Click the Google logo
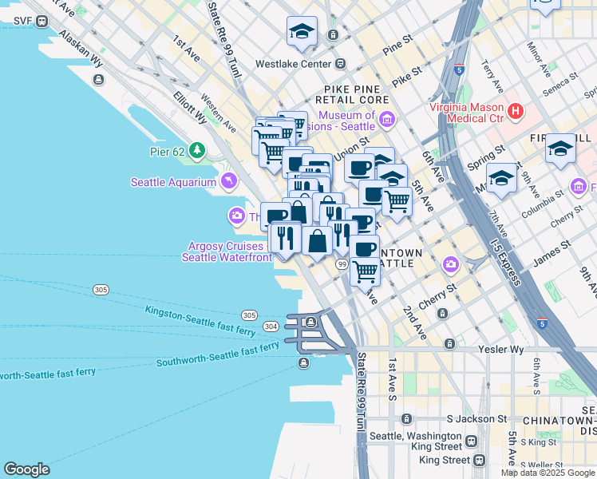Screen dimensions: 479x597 [x=26, y=469]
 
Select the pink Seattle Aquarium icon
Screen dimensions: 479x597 [x=230, y=182]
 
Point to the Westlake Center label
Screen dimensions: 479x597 [x=293, y=64]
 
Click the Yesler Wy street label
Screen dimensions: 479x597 [x=501, y=349]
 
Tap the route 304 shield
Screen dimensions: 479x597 [x=271, y=326]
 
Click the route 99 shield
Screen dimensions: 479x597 [x=341, y=265]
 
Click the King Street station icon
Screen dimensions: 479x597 [x=479, y=460]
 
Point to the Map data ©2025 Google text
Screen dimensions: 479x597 [x=548, y=473]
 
